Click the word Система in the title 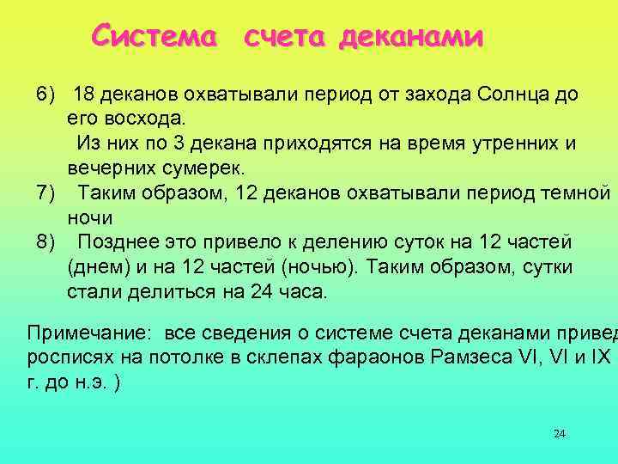point(155,36)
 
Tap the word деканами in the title point(411,37)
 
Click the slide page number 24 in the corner point(560,433)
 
